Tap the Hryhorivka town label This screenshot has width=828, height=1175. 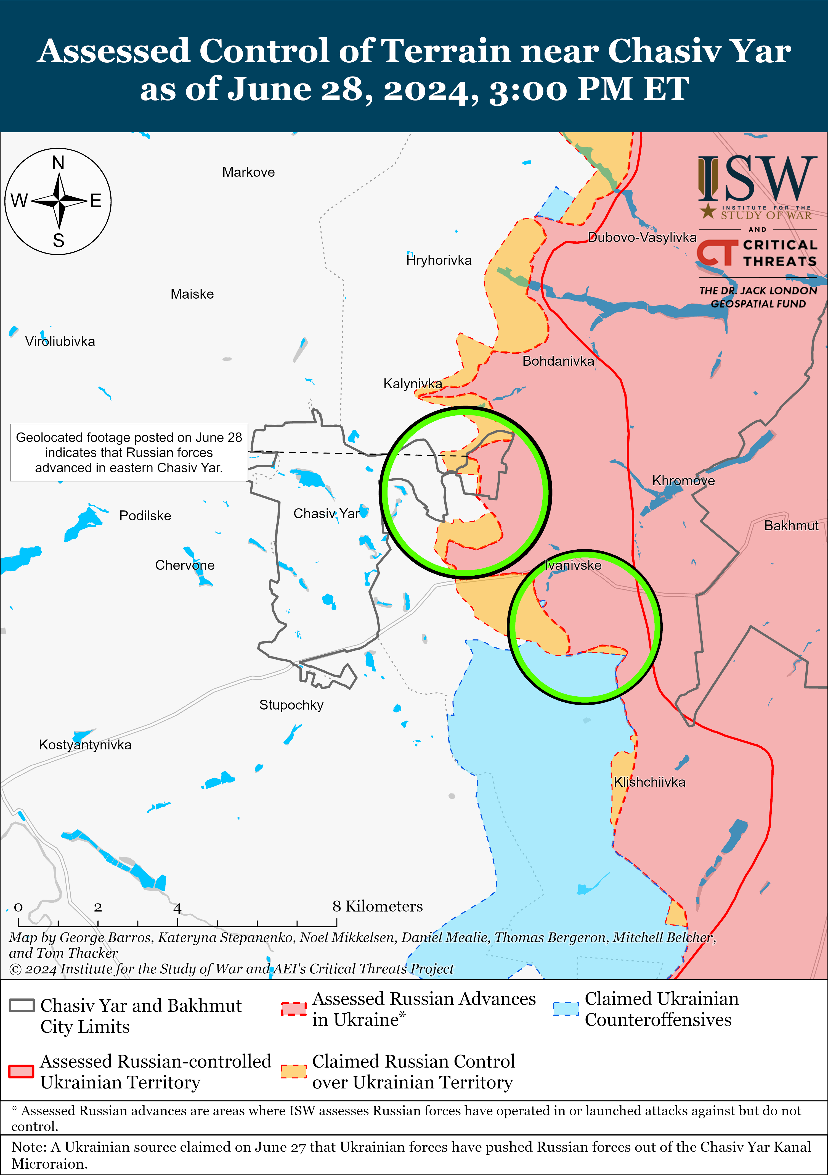pyautogui.click(x=439, y=260)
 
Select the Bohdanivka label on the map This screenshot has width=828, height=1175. pyautogui.click(x=558, y=361)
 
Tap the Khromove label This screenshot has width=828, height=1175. pyautogui.click(x=683, y=481)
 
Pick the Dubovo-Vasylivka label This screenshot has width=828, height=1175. pyautogui.click(x=642, y=238)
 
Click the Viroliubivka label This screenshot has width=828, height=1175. pyautogui.click(x=60, y=342)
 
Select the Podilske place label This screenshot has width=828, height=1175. pyautogui.click(x=145, y=516)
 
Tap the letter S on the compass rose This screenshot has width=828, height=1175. pyautogui.click(x=59, y=241)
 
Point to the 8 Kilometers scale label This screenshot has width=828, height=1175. pyautogui.click(x=378, y=906)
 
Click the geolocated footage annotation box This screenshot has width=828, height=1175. pyautogui.click(x=129, y=452)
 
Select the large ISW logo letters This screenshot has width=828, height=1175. pyautogui.click(x=757, y=179)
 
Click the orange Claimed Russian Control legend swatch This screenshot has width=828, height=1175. pyautogui.click(x=294, y=1072)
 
